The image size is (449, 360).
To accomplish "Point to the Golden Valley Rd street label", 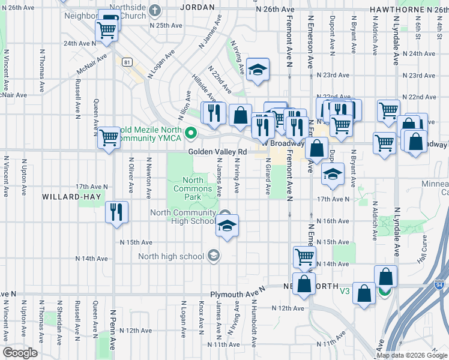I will (x=217, y=152).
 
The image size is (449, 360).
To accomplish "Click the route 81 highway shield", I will (x=126, y=62).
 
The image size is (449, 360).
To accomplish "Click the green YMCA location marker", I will (x=191, y=133).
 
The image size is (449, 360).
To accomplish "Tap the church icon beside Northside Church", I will (x=155, y=10).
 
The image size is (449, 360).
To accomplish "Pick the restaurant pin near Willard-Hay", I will (x=116, y=212).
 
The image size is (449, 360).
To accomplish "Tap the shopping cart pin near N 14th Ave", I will (x=305, y=257).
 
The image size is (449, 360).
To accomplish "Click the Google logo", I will (x=20, y=353).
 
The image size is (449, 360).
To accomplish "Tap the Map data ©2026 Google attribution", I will (x=412, y=355).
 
